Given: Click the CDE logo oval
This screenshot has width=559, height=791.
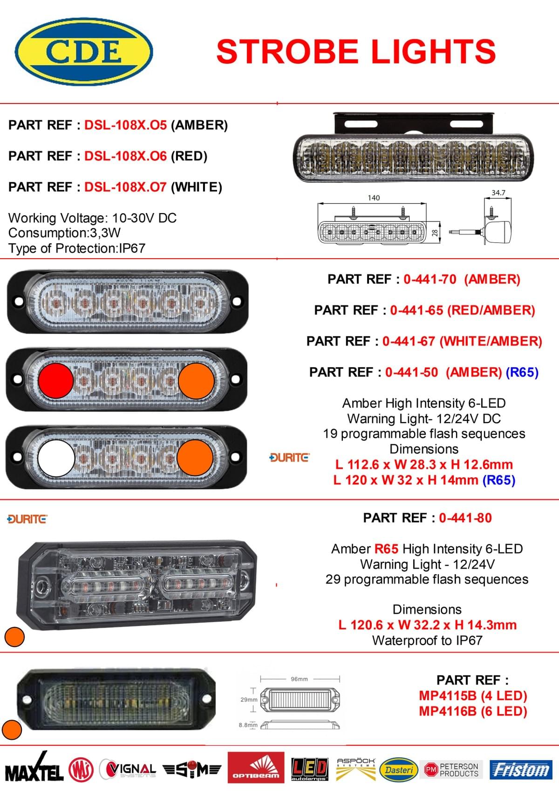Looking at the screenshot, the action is coord(84,52).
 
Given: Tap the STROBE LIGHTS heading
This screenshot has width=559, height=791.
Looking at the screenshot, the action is coord(356,52).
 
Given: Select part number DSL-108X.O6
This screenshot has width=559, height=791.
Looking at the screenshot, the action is coord(125,156).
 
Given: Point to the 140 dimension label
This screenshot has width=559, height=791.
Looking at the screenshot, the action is coord(374,198).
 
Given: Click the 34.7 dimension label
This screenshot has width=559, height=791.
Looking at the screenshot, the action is coord(498,193).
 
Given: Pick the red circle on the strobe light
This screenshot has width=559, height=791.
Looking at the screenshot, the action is coord(56,381).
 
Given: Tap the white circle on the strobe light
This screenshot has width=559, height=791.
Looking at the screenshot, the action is coord(56,458).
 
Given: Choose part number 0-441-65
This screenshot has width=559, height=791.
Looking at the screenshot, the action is coord(416,310).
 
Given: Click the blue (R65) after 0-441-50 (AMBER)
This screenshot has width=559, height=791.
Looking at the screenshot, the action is coord(522,372).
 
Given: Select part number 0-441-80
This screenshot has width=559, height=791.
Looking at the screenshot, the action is coord(465,518).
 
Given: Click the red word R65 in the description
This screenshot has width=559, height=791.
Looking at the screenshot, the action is coord(387,549).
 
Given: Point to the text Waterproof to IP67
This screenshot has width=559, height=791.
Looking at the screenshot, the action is coord(427,640).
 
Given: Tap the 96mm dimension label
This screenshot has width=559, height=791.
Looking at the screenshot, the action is coord(299,679).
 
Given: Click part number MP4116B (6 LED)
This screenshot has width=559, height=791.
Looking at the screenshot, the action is coord(473,711).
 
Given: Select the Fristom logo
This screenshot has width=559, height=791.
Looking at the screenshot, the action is coord(521,770).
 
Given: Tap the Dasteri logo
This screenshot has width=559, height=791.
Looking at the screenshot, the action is coord(399,770).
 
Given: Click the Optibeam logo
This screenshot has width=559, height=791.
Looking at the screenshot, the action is coord(256,767).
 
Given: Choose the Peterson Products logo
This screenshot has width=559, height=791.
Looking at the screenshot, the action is coord(451,770).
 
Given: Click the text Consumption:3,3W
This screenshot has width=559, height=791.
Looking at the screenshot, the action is coord(64,233).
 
